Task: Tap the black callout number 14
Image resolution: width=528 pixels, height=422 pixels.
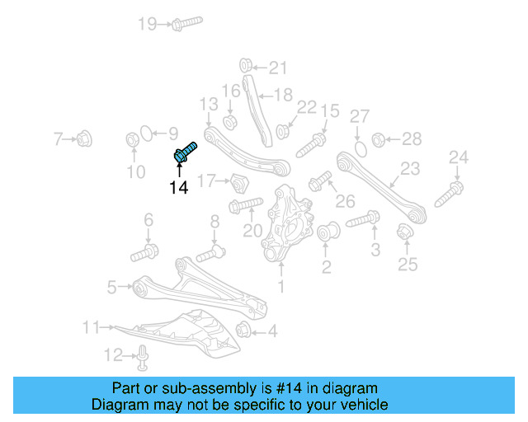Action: (179, 189)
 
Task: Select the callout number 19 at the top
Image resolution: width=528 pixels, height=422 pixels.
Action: (147, 24)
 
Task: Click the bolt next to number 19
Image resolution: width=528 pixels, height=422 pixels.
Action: (187, 23)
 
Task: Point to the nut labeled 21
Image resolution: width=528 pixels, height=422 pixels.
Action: (245, 66)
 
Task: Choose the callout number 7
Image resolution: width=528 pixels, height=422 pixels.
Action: (58, 138)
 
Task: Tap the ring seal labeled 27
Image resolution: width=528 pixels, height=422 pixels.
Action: (359, 148)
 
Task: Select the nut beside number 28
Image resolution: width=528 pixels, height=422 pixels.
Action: (379, 139)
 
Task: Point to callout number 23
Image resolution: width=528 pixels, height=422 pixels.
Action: (410, 170)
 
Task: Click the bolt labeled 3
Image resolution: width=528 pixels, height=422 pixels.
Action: (363, 220)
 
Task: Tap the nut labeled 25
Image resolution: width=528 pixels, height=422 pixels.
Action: (404, 234)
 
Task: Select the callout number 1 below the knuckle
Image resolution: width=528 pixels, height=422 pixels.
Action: (281, 287)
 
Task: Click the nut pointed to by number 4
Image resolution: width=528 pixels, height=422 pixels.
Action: (244, 331)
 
